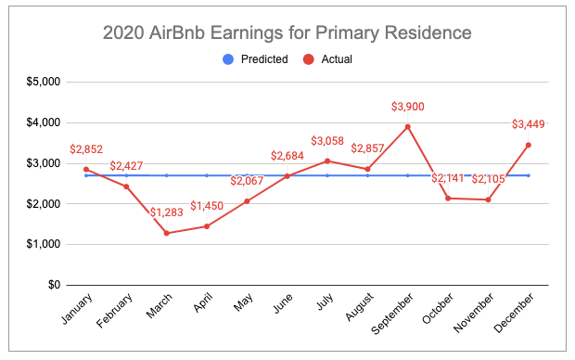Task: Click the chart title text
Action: pyautogui.click(x=287, y=32)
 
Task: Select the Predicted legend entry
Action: pyautogui.click(x=255, y=59)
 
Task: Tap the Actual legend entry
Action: pyautogui.click(x=327, y=59)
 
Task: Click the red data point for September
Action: pyautogui.click(x=407, y=127)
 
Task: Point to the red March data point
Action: pyautogui.click(x=167, y=233)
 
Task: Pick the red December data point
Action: pyautogui.click(x=528, y=146)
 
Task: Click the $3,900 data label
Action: pyautogui.click(x=407, y=107)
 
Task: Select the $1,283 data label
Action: pyautogui.click(x=167, y=212)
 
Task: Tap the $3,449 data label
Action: pyautogui.click(x=528, y=124)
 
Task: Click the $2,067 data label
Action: pyautogui.click(x=247, y=181)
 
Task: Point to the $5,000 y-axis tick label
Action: pyautogui.click(x=44, y=82)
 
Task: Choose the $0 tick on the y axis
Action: pyautogui.click(x=55, y=285)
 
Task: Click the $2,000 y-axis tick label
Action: pyautogui.click(x=44, y=203)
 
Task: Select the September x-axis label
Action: pyautogui.click(x=392, y=314)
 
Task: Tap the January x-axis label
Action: pyautogui.click(x=76, y=309)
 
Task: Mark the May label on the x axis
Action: pyautogui.click(x=243, y=302)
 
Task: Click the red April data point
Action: pyautogui.click(x=207, y=226)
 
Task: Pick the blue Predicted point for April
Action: pyautogui.click(x=207, y=175)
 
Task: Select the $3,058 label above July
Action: pyautogui.click(x=327, y=140)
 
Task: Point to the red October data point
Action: pyautogui.click(x=448, y=199)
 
